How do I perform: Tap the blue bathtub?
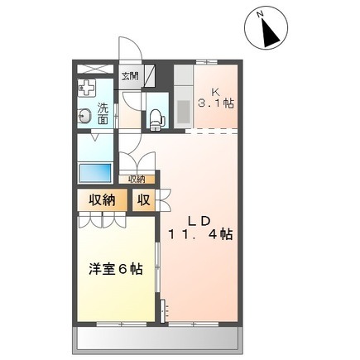click(x=95, y=173)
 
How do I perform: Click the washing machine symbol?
click(x=87, y=88)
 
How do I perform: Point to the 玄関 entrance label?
click(x=130, y=76)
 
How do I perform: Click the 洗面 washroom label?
click(x=103, y=113)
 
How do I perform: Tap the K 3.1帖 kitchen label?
click(x=216, y=98)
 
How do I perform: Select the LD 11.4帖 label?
click(x=201, y=228)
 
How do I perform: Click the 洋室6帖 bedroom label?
click(x=116, y=269)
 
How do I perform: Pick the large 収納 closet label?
click(x=102, y=199)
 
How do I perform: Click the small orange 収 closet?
click(x=143, y=199)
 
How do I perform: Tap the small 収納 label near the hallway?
click(x=137, y=180)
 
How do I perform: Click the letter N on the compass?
click(x=260, y=15)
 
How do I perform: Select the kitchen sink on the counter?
click(x=183, y=113)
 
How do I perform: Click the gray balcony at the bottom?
click(x=157, y=340)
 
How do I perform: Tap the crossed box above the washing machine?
click(x=95, y=69)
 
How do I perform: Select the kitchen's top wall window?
click(x=206, y=62)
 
